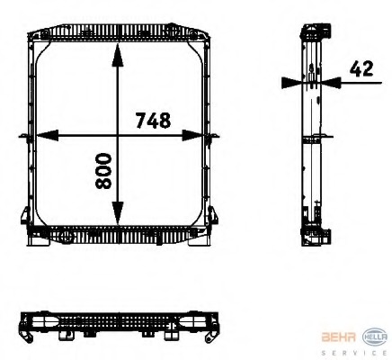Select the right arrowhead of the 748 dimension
(200, 136)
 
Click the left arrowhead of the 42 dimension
(290, 81)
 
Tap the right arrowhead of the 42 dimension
(326, 81)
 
